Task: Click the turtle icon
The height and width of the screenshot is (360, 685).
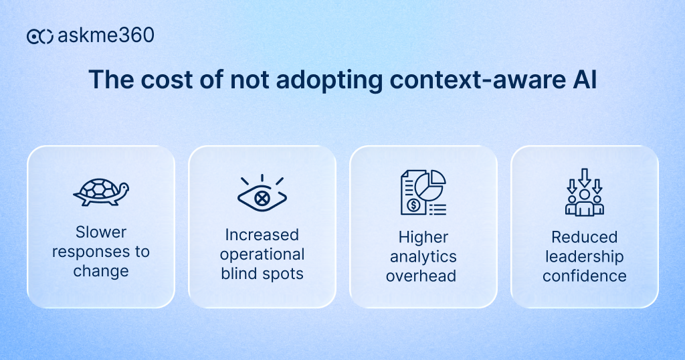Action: click(100, 193)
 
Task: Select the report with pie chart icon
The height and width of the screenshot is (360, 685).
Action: click(423, 193)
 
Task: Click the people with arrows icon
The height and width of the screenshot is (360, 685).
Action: click(584, 192)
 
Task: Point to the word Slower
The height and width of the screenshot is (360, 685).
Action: click(101, 232)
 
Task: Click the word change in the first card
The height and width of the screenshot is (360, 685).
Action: click(101, 271)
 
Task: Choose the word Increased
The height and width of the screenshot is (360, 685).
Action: click(262, 235)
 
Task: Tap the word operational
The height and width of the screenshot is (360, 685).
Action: click(262, 254)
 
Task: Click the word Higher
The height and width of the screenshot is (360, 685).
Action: click(423, 237)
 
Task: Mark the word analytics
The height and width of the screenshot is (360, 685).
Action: click(423, 256)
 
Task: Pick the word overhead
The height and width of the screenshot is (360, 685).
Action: click(423, 275)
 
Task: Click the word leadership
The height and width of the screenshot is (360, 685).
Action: click(584, 256)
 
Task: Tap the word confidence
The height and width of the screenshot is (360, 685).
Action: click(584, 276)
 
